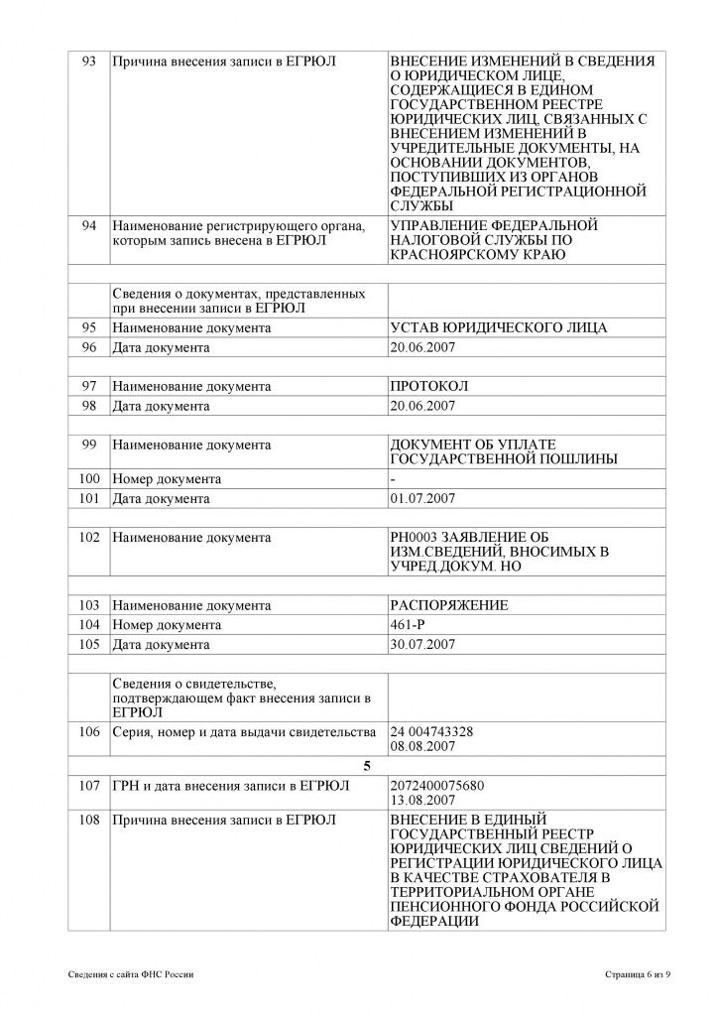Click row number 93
pos(87,62)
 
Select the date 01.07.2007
pos(423,498)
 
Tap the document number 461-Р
pos(410,625)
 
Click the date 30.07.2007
pos(423,644)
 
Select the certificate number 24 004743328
pos(432,732)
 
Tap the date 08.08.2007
pos(423,746)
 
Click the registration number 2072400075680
pos(438,786)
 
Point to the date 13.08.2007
pos(423,800)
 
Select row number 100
pos(87,479)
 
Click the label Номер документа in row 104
pos(167,625)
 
